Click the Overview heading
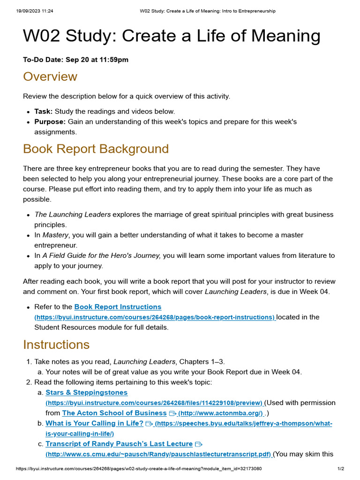50,77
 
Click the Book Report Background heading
96,149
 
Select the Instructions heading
56,345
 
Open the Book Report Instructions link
118,307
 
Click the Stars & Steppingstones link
86,392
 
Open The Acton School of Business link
114,413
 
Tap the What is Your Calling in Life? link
94,423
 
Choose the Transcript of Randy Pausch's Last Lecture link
119,444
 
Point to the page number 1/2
341,469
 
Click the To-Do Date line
75,60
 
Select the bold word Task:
44,112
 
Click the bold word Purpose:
50,122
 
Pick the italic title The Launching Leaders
73,215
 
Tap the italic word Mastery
55,235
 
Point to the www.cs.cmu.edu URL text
158,454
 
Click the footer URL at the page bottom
139,469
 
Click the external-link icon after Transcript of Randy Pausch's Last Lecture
198,444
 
